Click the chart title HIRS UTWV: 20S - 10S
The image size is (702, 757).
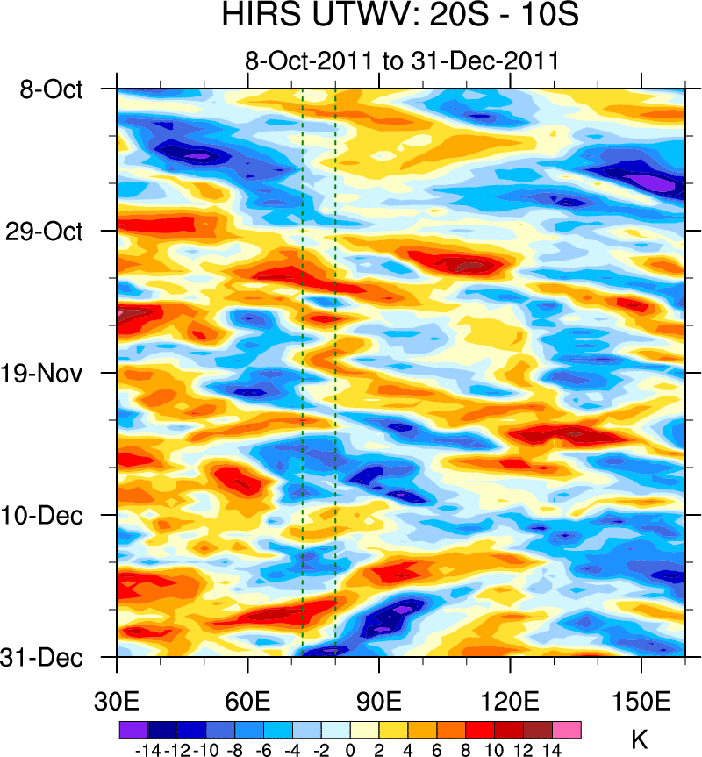[400, 18]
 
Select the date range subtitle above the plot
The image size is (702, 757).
[402, 61]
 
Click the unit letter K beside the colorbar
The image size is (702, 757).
[639, 739]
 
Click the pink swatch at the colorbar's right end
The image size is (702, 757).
[567, 730]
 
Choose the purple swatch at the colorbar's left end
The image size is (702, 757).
[133, 730]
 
